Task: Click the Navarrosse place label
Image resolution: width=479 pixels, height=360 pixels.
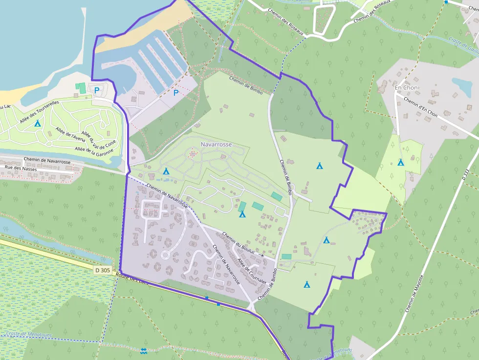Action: coord(216,145)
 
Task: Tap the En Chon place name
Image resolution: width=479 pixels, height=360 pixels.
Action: coord(406,87)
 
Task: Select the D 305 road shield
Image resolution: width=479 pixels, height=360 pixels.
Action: coord(103,270)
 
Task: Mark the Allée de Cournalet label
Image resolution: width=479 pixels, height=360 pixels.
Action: coord(252,271)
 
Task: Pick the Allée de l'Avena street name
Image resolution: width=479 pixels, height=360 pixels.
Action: coord(71,137)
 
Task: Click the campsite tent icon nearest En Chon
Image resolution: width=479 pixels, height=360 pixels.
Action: coord(401,162)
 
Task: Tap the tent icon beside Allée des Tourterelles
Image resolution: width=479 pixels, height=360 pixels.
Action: coord(37,123)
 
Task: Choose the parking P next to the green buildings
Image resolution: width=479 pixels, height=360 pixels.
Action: coord(97,90)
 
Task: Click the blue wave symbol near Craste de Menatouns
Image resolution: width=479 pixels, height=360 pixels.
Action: coord(143,351)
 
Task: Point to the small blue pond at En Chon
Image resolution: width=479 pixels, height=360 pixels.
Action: coord(462,85)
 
